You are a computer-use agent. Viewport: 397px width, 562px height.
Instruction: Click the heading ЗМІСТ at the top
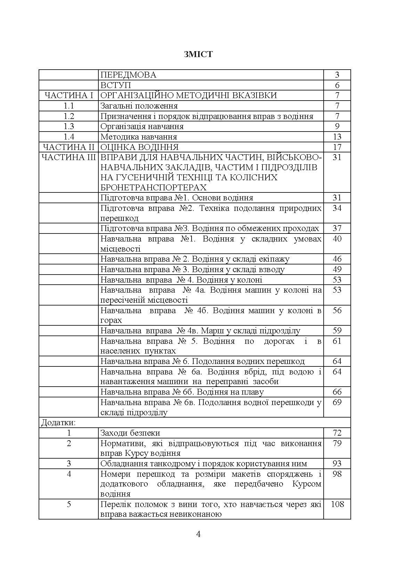point(198,54)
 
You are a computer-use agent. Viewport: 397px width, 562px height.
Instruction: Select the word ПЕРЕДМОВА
point(128,75)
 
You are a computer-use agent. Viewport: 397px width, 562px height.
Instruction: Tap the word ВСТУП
point(115,85)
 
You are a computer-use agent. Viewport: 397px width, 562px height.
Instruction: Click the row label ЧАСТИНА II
point(68,147)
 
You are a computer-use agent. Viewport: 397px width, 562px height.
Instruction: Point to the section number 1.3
point(69,126)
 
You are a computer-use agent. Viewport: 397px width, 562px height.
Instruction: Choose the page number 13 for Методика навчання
point(337,137)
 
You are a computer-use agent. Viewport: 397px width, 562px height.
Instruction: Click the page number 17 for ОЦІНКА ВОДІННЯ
point(337,147)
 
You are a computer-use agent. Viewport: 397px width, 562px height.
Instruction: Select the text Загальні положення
point(139,106)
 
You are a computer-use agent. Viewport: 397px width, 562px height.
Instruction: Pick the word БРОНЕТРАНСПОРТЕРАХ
point(153,188)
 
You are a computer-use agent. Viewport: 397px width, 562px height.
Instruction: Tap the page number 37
point(337,228)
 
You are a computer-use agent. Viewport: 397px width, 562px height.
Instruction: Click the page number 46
point(337,259)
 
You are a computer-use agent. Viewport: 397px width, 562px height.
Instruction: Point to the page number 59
point(337,331)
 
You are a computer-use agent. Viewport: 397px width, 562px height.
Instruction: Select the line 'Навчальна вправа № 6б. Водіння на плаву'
point(182,392)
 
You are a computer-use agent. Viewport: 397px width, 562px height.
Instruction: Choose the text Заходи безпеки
point(130,433)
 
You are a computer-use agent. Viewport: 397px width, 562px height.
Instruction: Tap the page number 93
point(337,464)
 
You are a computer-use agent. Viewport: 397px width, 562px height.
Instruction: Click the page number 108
point(337,504)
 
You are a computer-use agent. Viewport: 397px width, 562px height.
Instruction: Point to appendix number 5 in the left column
point(69,504)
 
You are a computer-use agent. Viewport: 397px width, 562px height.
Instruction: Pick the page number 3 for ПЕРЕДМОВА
point(337,75)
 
